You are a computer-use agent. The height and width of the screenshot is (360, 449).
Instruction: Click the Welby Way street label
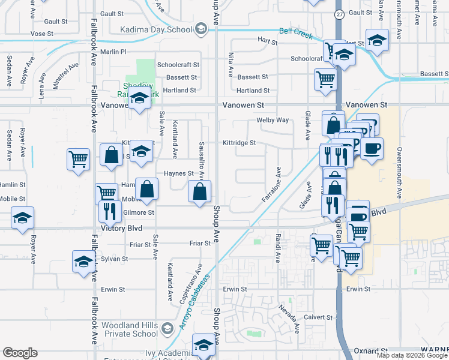point(273,120)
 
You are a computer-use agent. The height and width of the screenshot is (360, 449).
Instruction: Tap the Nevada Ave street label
point(289,319)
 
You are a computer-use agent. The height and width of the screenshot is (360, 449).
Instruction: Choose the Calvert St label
point(318,317)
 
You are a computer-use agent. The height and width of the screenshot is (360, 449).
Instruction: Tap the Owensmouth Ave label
point(399,168)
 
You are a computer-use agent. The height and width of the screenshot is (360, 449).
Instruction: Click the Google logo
point(20,353)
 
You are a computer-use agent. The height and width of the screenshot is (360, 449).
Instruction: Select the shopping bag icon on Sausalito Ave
point(200,193)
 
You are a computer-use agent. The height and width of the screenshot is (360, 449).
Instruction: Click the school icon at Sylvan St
point(83,262)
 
